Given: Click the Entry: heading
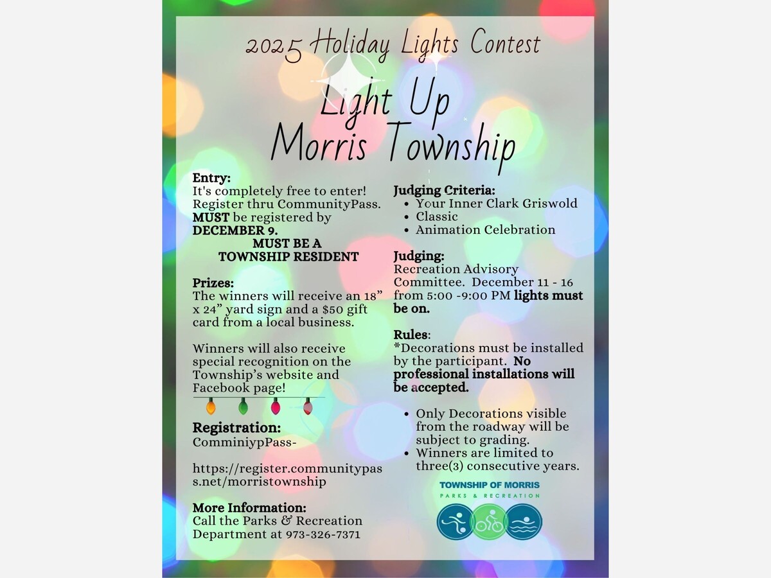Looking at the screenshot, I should coord(211,178).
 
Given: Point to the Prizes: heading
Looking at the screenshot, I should coord(213,283).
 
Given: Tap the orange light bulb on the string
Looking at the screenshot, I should coord(211,407).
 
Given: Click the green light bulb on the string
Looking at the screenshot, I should coord(243,407).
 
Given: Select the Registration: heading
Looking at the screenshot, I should coord(236,428).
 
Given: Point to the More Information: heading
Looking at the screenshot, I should coord(249,507).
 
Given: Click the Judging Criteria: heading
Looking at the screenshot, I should coord(444,190).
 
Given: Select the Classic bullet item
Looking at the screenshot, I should coord(437,216).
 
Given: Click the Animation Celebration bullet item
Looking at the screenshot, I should coord(485,230).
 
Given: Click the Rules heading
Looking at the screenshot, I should coord(411,335).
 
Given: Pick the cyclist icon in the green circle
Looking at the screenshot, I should coord(490,521).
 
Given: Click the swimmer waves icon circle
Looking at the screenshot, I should coord(524,521).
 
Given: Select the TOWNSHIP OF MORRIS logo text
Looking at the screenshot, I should coord(490,485).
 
